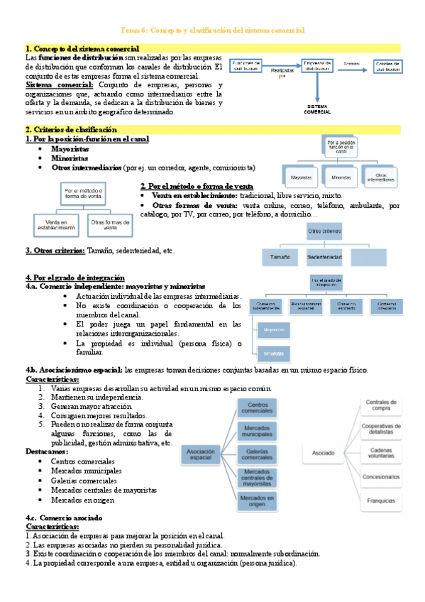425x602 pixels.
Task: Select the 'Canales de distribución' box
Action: point(391,67)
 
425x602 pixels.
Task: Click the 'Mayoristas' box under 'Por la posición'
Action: point(297,177)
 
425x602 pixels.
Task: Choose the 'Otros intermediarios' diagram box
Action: point(382,177)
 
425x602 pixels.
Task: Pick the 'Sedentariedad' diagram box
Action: point(325,257)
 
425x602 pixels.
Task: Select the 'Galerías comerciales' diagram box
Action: point(257,454)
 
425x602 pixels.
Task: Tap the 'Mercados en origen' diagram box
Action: point(257,502)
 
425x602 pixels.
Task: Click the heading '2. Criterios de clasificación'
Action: point(70,130)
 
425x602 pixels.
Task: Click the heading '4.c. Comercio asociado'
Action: point(63,518)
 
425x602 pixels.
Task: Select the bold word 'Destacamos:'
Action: point(48,451)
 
